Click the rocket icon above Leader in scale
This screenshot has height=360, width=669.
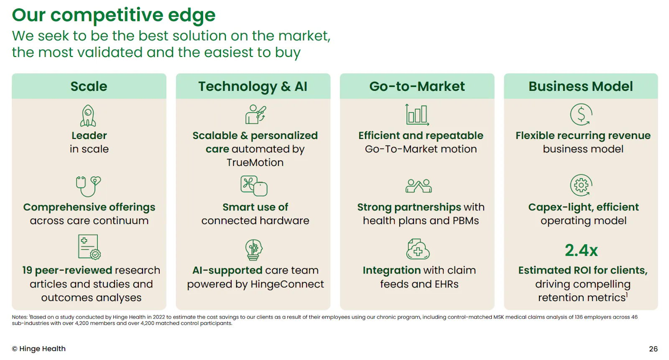(x=88, y=116)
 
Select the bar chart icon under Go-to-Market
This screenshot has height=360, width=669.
(x=417, y=115)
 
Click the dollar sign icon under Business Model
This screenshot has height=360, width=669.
(x=581, y=115)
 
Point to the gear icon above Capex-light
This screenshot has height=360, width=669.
(x=581, y=185)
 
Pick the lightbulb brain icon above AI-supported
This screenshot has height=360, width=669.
(x=253, y=250)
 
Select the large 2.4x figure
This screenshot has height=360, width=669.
(x=581, y=250)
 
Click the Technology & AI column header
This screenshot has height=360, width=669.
(x=253, y=86)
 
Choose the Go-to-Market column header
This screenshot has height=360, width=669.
(x=417, y=86)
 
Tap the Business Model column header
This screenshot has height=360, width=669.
(x=581, y=86)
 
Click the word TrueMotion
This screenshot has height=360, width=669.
(x=255, y=163)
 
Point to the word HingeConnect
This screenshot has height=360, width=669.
(x=287, y=284)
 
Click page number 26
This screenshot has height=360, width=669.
(x=653, y=349)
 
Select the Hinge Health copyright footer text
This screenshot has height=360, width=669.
(x=38, y=349)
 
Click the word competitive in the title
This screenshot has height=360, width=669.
(x=107, y=15)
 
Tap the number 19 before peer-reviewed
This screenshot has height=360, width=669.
(x=27, y=271)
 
